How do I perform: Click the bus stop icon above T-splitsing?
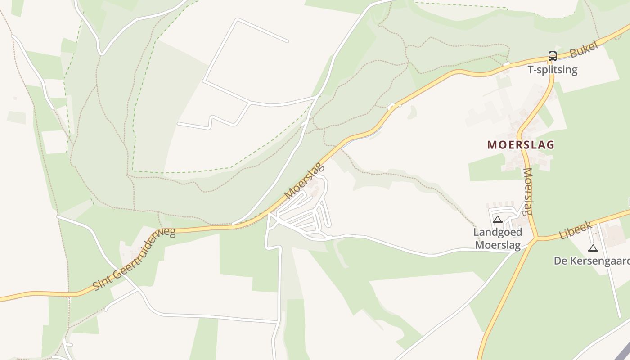tap(552, 56)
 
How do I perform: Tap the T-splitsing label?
tap(552, 70)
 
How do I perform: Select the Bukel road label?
tap(583, 49)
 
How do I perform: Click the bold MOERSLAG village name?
tap(521, 145)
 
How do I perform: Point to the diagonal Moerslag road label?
tap(305, 181)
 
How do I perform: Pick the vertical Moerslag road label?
tap(528, 192)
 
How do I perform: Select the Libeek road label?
tap(576, 230)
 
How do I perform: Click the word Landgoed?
tap(498, 232)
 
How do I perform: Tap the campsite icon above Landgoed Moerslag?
tap(497, 220)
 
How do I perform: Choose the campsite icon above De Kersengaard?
tap(593, 248)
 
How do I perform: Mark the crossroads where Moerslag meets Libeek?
tap(535, 238)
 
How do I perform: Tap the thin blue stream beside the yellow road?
tap(360, 139)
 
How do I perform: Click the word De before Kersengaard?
tap(560, 261)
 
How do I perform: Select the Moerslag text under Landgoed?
tap(498, 245)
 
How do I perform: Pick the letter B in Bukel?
tap(573, 54)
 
